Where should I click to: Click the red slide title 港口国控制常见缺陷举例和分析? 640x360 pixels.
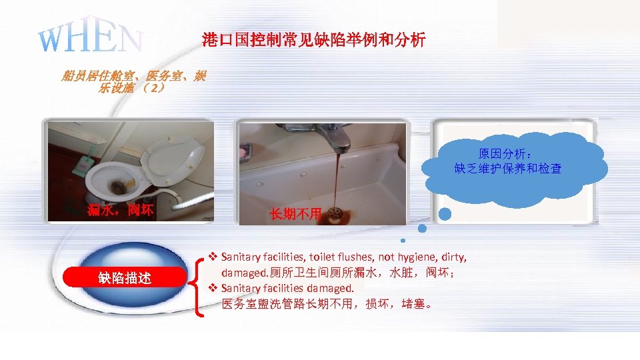[313, 41]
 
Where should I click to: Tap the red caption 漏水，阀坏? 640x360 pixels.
[121, 211]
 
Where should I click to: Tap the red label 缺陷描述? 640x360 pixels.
[125, 277]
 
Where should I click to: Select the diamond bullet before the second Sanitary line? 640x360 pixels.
[213, 289]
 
